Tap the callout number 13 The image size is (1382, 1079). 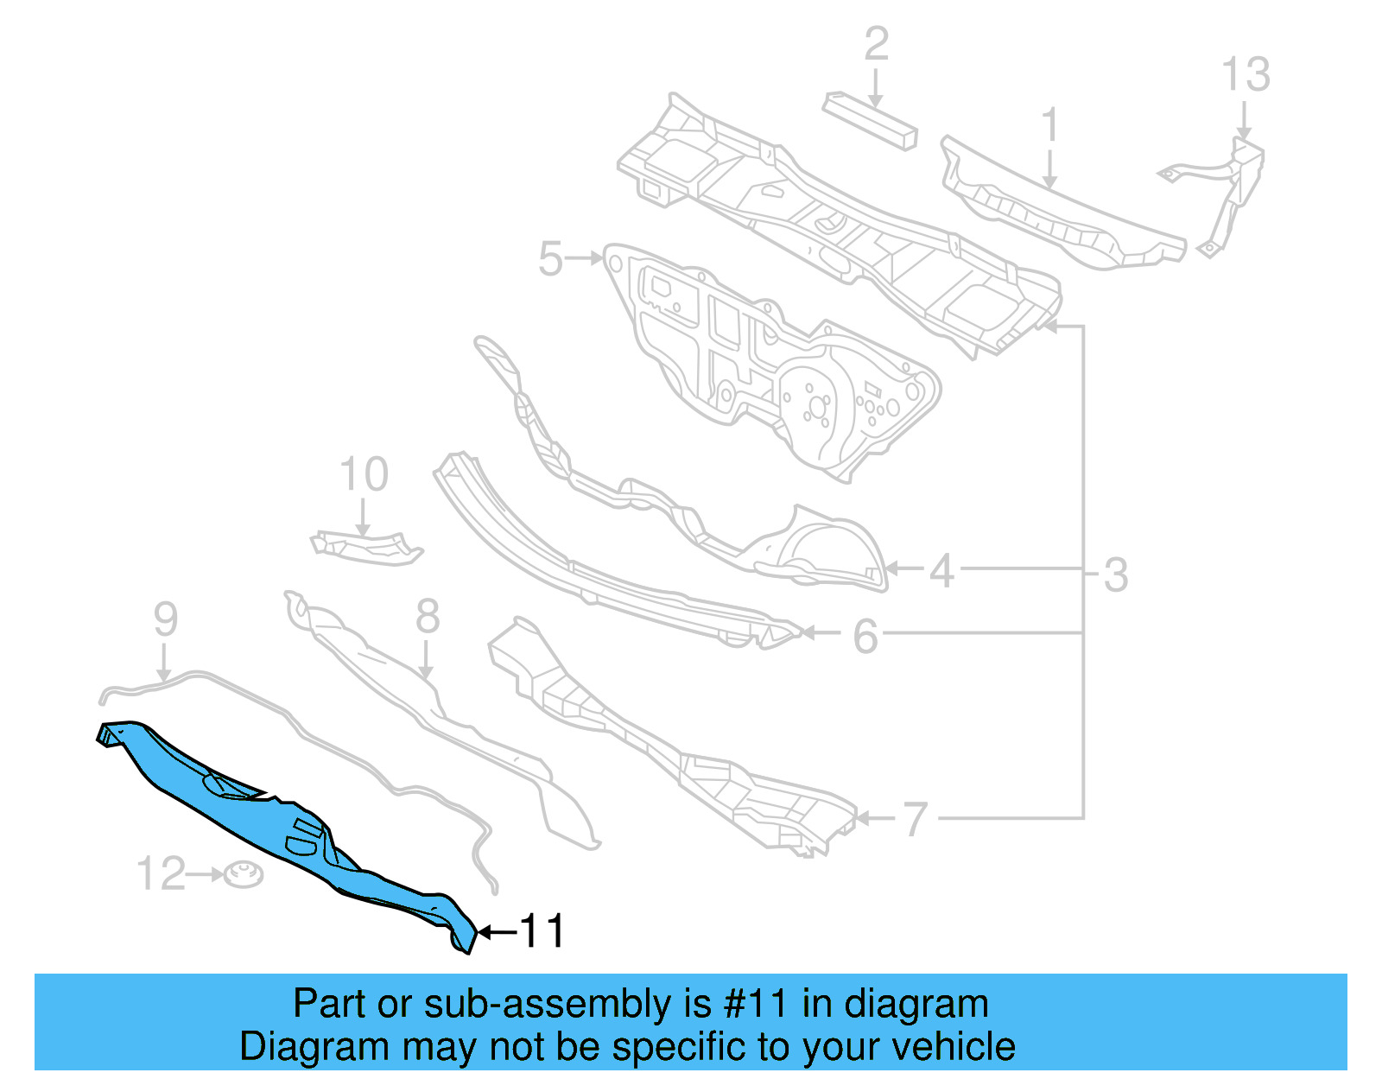(1246, 75)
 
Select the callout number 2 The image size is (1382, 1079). (876, 44)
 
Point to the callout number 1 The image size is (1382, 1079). (1049, 125)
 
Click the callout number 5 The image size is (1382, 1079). (551, 258)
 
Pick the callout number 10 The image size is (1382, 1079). (364, 474)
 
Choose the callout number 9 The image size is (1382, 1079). (166, 619)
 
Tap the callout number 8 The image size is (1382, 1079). (428, 617)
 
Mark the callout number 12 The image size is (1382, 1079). (162, 873)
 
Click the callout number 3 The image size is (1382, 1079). (1116, 574)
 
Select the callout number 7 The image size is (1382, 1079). (915, 818)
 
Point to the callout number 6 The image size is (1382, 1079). (865, 637)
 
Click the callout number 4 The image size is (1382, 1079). (942, 571)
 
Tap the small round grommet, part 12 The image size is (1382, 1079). (244, 874)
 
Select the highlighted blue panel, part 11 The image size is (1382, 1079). (285, 829)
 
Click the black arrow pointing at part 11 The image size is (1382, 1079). (498, 932)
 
